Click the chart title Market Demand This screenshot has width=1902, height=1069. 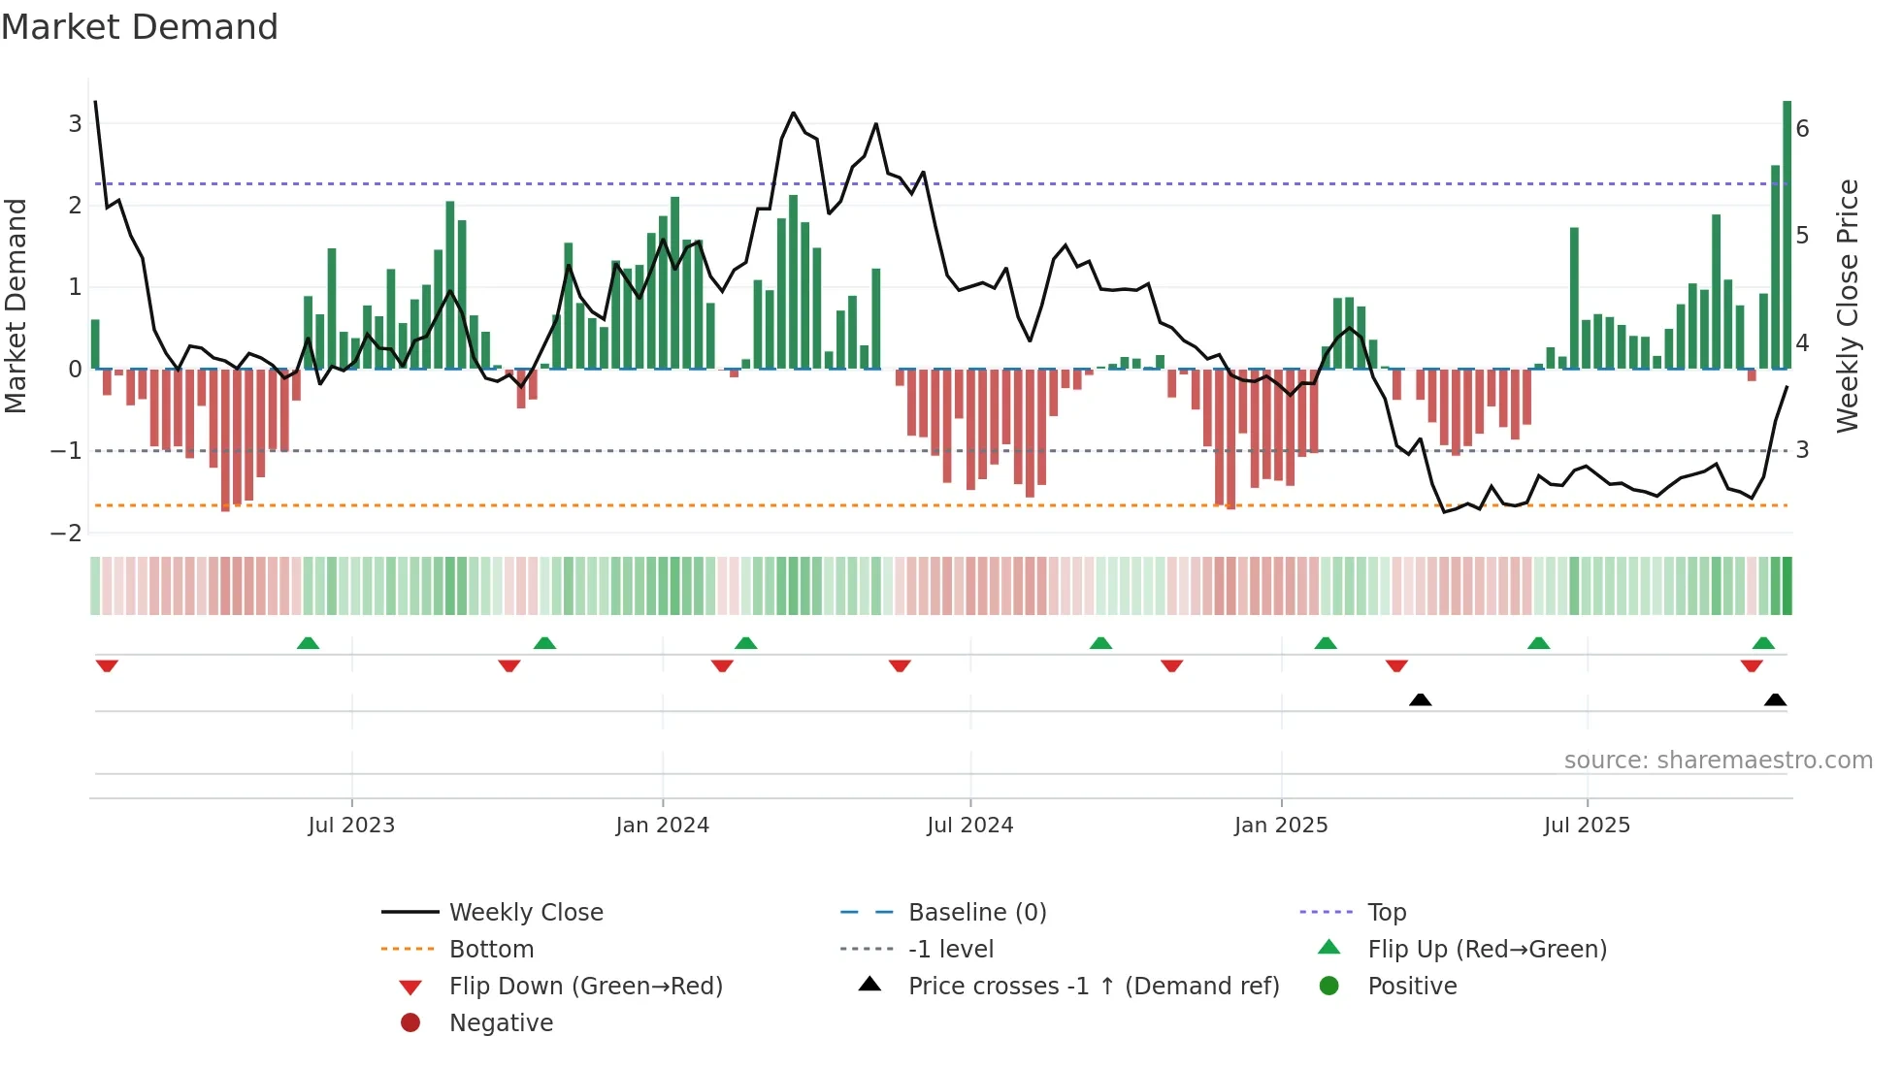pos(140,27)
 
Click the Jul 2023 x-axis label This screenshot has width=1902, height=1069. pos(351,826)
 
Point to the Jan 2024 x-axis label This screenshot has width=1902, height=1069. pos(662,826)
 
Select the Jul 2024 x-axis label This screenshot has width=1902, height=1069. pos(969,826)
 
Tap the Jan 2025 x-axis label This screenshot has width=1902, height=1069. pos(1280,826)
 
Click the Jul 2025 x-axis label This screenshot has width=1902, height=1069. pos(1587,826)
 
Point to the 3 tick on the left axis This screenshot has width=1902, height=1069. pos(75,124)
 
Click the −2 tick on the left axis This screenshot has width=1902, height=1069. pos(67,533)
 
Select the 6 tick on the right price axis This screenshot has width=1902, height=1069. pos(1802,129)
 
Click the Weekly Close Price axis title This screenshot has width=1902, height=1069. pos(1848,306)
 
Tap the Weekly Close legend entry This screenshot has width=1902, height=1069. pos(525,913)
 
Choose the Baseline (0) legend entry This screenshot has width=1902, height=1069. pos(976,913)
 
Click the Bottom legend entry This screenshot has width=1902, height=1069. pos(491,950)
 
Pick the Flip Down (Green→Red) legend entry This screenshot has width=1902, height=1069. pos(585,987)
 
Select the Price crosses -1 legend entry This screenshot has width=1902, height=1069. pos(1093,987)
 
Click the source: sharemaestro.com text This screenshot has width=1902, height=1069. pos(1718,761)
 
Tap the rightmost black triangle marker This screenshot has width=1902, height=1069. pos(1775,700)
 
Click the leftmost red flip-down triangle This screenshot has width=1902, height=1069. pos(107,665)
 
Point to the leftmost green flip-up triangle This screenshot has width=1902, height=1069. pos(308,643)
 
